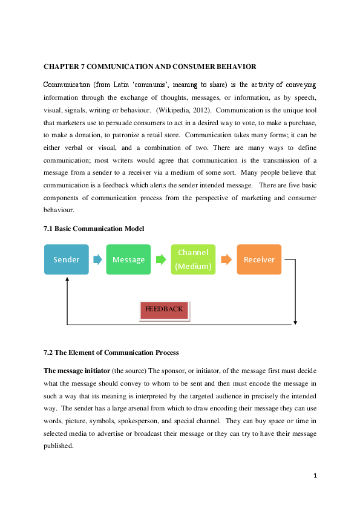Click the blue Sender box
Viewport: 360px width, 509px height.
67,259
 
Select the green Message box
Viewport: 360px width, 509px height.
128,259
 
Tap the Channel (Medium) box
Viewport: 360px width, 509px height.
193,259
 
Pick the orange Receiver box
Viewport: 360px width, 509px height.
259,259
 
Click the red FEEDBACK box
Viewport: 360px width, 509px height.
164,310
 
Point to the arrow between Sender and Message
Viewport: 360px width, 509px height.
97,259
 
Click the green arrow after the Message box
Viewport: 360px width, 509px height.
161,259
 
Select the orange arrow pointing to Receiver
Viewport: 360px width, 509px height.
226,259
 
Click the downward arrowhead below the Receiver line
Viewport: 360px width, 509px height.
295,322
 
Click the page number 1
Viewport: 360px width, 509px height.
315,476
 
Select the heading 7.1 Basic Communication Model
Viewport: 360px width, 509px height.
93,229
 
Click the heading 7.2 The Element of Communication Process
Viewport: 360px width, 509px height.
111,352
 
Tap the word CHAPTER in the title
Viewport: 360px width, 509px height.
61,66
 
